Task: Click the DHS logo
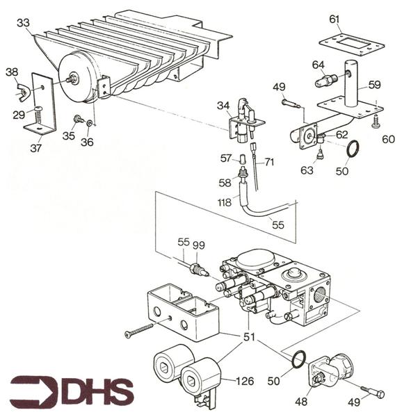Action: tap(72, 390)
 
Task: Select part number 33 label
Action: tap(24, 23)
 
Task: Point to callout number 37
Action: tap(36, 147)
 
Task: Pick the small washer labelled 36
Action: tap(90, 122)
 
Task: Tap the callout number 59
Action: tap(374, 85)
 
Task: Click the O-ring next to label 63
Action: tap(353, 149)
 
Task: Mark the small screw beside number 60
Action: tap(376, 121)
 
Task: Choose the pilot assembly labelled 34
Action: tap(246, 120)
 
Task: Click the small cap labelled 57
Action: tap(242, 158)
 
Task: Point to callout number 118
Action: tap(224, 203)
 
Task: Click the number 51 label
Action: tap(249, 337)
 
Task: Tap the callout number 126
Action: tap(245, 381)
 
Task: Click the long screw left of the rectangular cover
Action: tap(139, 329)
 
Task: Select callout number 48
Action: tap(301, 401)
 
